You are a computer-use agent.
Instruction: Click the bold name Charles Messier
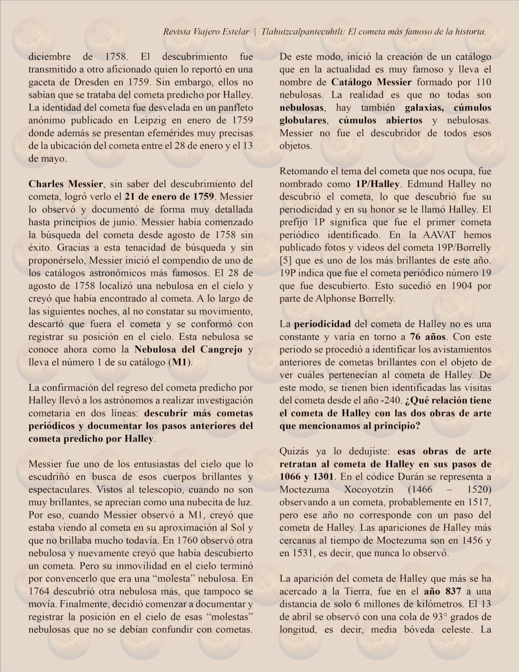(66, 184)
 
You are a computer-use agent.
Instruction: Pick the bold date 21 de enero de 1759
(169, 197)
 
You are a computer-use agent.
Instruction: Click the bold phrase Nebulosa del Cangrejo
(188, 350)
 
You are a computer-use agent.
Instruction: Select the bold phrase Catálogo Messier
(371, 82)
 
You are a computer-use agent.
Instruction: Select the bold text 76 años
(428, 337)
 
